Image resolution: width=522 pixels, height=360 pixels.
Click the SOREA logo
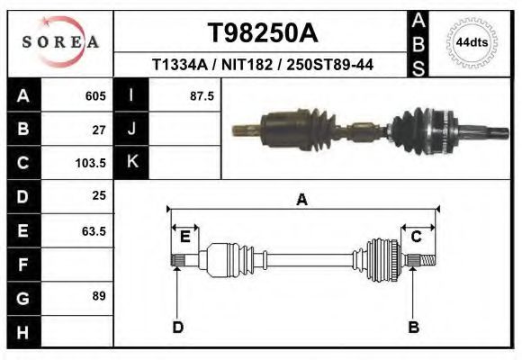60,42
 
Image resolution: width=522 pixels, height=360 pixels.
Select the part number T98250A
262,32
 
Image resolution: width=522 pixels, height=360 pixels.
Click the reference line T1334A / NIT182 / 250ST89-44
262,65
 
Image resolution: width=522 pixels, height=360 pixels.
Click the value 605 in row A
95,95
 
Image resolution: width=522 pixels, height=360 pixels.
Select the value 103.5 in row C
93,164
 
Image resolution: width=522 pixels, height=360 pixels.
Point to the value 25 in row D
99,196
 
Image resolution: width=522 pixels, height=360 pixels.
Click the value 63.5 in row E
94,230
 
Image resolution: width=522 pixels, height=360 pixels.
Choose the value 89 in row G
99,296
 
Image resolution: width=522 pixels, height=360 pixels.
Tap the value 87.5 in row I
202,95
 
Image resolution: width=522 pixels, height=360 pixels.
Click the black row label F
22,265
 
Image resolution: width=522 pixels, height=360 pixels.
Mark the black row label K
131,163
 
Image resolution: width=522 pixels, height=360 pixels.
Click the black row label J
131,130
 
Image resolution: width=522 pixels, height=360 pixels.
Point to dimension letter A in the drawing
302,200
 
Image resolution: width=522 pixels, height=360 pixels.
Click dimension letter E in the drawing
184,237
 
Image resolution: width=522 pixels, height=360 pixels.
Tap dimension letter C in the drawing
417,237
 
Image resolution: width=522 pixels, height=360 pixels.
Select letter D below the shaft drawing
177,327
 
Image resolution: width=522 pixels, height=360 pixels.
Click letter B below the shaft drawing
414,327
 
